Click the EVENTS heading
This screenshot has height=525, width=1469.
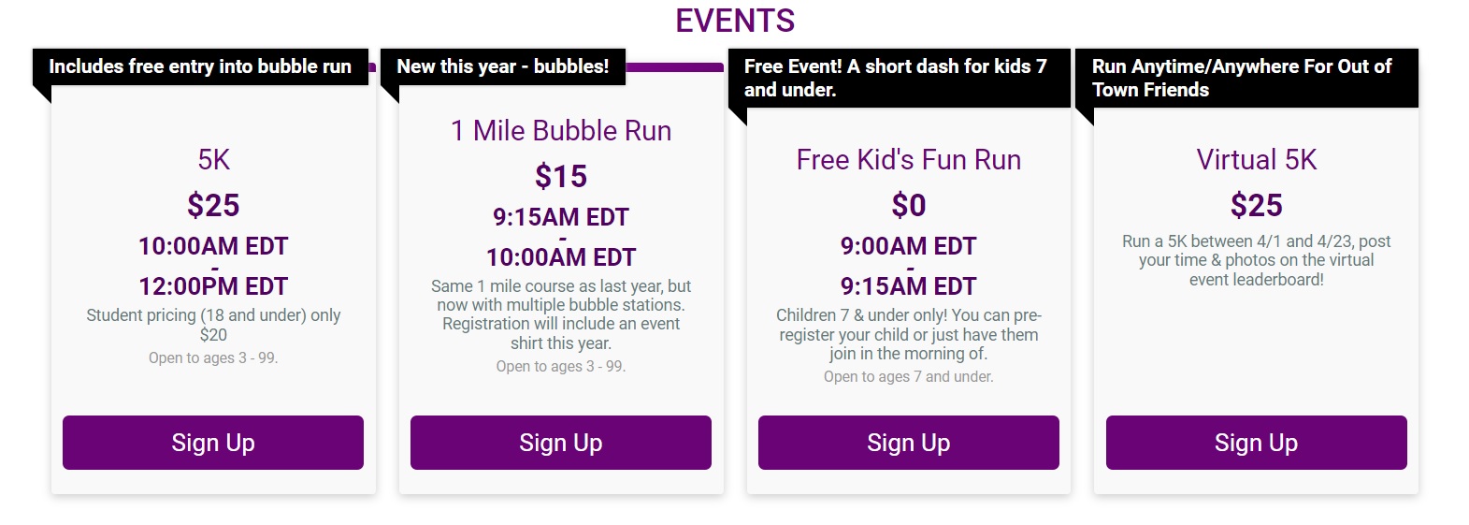click(x=735, y=21)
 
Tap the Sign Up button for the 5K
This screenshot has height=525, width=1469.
click(x=213, y=443)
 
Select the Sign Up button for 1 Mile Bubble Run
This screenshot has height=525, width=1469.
click(x=561, y=443)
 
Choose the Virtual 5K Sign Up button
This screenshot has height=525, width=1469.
click(x=1256, y=443)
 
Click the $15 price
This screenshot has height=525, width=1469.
click(x=561, y=177)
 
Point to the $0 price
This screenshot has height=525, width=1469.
click(x=908, y=205)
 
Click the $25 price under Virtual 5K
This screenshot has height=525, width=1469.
click(x=1256, y=205)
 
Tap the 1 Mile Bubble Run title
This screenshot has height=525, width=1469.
click(x=561, y=131)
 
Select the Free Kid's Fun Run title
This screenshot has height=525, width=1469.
click(x=908, y=159)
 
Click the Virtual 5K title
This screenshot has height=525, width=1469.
click(x=1256, y=159)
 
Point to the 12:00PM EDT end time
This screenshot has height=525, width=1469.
click(x=213, y=286)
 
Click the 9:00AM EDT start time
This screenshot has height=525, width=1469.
click(x=908, y=246)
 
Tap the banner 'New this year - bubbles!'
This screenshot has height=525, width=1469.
click(x=503, y=66)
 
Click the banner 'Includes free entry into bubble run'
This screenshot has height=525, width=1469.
click(x=200, y=66)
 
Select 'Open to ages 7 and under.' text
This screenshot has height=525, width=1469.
click(x=908, y=377)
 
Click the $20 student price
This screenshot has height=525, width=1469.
click(x=213, y=335)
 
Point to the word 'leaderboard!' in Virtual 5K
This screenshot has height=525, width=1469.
click(x=1288, y=280)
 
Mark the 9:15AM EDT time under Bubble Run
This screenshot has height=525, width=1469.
click(x=561, y=217)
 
